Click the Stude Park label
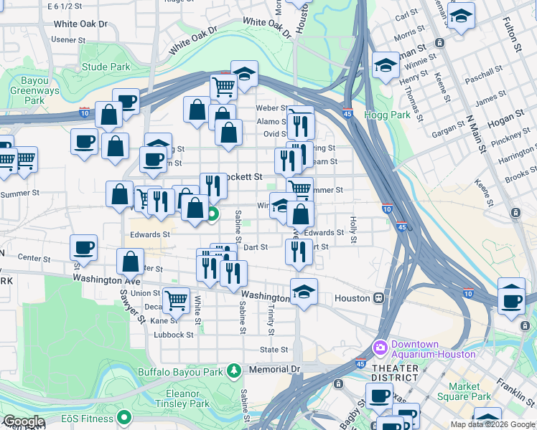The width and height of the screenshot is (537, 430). click(x=106, y=67)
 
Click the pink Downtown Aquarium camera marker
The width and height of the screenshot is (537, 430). click(x=380, y=348)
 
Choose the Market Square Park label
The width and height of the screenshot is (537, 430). click(x=464, y=391)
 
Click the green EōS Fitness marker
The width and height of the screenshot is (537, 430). click(x=125, y=416)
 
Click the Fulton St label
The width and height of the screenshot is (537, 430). click(x=518, y=37)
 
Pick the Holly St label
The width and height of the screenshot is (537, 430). click(x=352, y=230)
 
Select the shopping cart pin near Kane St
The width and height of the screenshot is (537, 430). click(x=176, y=301)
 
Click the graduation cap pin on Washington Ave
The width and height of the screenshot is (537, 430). click(x=304, y=291)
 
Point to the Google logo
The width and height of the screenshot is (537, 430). click(x=24, y=421)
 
